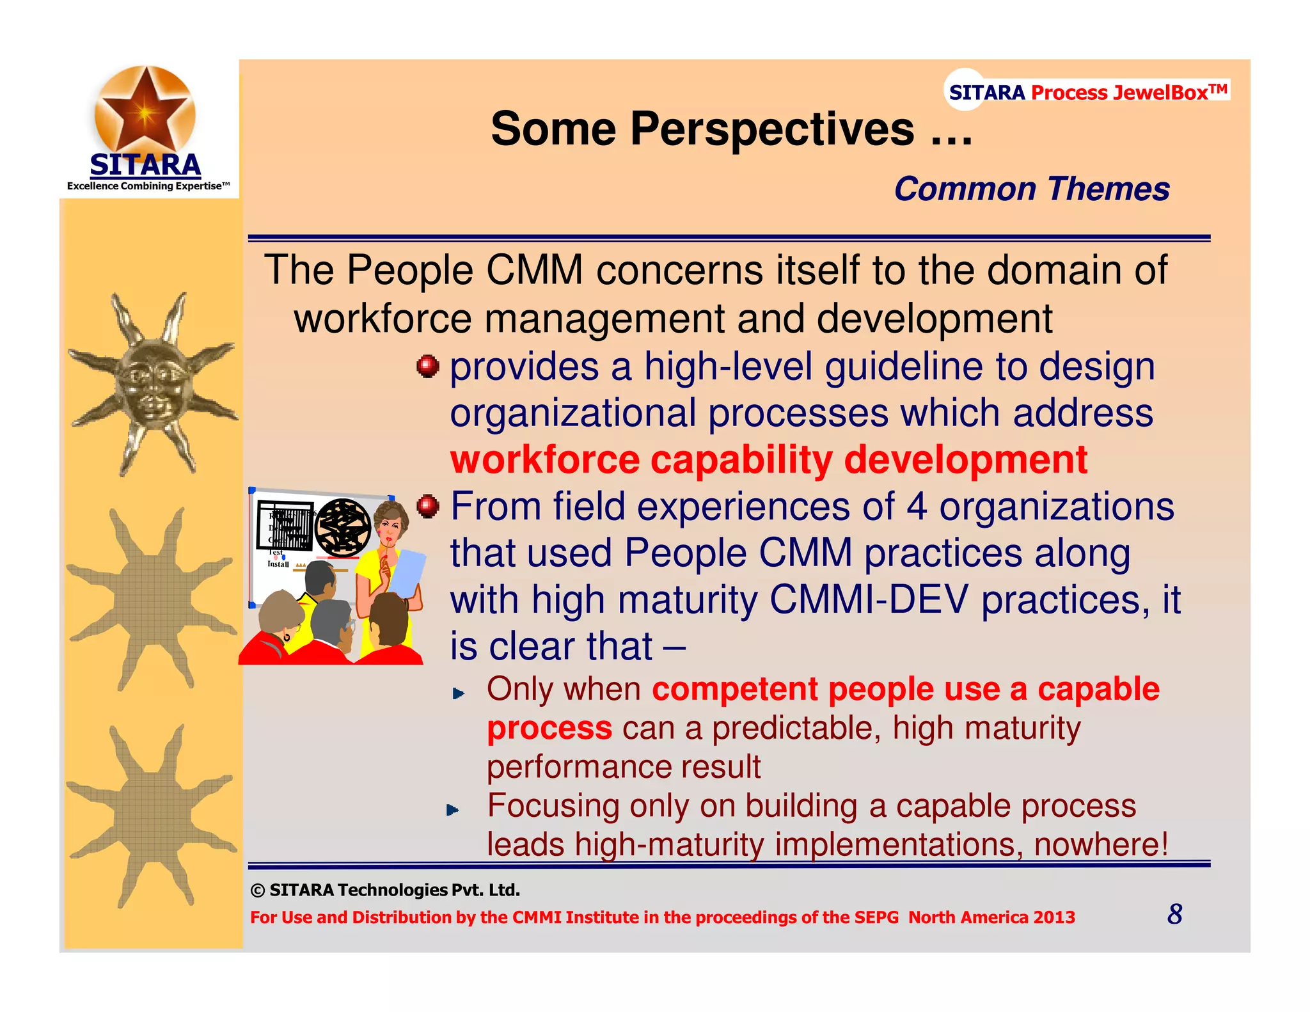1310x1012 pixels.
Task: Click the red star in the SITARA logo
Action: click(x=145, y=110)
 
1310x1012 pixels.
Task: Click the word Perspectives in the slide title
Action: click(x=772, y=129)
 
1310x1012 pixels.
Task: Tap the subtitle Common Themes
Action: click(x=1031, y=189)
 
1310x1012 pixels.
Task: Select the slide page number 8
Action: click(x=1174, y=914)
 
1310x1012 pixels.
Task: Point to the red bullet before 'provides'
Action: click(x=427, y=367)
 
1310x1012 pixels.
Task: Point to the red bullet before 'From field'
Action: click(x=427, y=507)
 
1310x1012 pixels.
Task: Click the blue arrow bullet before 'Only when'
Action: click(x=458, y=693)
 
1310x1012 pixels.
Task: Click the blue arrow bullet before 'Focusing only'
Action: click(x=453, y=810)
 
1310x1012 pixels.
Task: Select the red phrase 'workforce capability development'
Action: click(x=768, y=460)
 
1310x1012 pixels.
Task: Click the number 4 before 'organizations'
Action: click(x=917, y=507)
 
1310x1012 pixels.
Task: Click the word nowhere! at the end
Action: click(x=1101, y=844)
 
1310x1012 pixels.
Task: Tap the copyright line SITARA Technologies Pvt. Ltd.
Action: click(x=386, y=890)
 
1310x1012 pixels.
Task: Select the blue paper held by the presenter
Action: click(x=408, y=571)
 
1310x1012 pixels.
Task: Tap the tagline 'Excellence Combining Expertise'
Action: click(x=148, y=186)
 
